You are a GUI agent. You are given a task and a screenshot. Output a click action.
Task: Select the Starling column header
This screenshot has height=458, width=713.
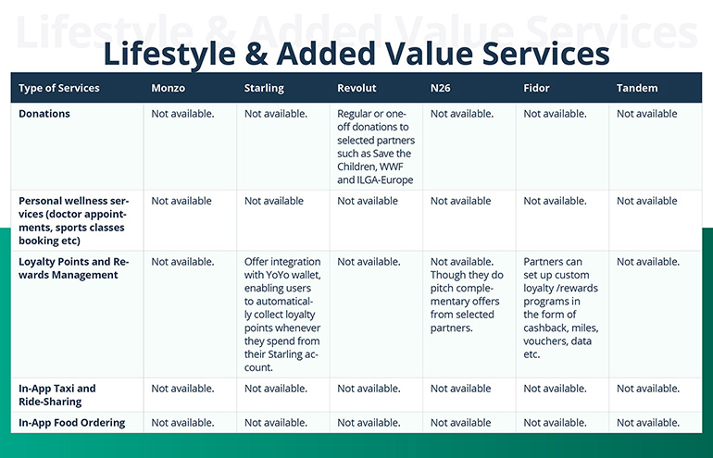(x=264, y=88)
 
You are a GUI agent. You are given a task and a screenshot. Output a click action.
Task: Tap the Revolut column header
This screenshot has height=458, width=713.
(x=356, y=88)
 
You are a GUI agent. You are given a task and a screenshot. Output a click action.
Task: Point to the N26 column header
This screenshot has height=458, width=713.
(x=441, y=88)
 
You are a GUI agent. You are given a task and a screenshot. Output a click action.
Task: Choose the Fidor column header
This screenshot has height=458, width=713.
(x=536, y=88)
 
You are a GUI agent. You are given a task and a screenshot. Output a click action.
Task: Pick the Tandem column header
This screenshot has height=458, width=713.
(x=637, y=88)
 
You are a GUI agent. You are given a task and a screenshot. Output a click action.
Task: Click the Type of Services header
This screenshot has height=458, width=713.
(x=59, y=88)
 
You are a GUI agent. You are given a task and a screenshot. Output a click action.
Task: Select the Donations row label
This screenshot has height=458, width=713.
(x=44, y=114)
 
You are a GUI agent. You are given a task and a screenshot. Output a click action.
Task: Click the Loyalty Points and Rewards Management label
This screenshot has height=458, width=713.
(x=74, y=268)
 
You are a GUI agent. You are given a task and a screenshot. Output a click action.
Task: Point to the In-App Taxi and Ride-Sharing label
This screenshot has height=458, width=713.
(x=57, y=395)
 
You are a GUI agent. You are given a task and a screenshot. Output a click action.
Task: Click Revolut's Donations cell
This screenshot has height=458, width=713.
(x=375, y=146)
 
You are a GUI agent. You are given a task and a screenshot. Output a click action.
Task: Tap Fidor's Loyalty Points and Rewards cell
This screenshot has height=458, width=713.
(x=561, y=308)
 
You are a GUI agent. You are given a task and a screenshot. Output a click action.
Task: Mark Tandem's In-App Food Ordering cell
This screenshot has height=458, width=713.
(x=648, y=423)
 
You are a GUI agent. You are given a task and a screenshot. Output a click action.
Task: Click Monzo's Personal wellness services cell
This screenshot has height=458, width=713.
(x=181, y=201)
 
